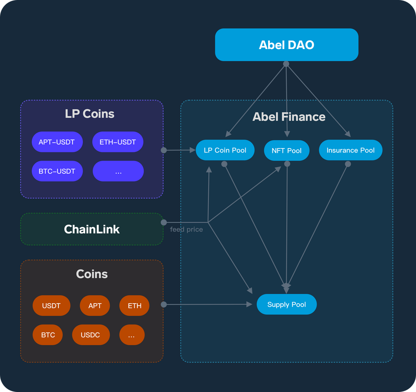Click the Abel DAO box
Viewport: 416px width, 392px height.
coord(286,45)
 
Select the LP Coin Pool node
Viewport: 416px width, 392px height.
coord(225,150)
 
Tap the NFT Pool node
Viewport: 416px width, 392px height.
coord(286,151)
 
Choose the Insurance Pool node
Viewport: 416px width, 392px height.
coord(350,150)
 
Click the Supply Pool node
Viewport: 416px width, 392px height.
coord(286,304)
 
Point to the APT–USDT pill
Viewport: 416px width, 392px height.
coord(57,142)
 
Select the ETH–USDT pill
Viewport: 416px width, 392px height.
coord(118,142)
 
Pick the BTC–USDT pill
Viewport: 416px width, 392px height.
coord(57,171)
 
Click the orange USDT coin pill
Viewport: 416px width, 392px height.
coord(51,306)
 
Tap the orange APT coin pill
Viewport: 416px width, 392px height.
coord(95,306)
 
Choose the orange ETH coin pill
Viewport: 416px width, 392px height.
coord(134,306)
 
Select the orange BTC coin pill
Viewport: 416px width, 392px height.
coord(48,335)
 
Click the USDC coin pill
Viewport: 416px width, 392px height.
coord(91,335)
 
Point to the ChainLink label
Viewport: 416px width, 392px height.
coord(92,229)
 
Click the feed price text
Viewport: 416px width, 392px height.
coord(186,229)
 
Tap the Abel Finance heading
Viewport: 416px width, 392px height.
coord(289,117)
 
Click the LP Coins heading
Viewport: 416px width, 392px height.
coord(89,114)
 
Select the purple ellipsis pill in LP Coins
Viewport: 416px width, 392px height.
coord(118,171)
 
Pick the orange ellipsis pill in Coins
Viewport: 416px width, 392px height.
coord(131,335)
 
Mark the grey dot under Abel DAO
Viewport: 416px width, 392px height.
coord(286,64)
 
